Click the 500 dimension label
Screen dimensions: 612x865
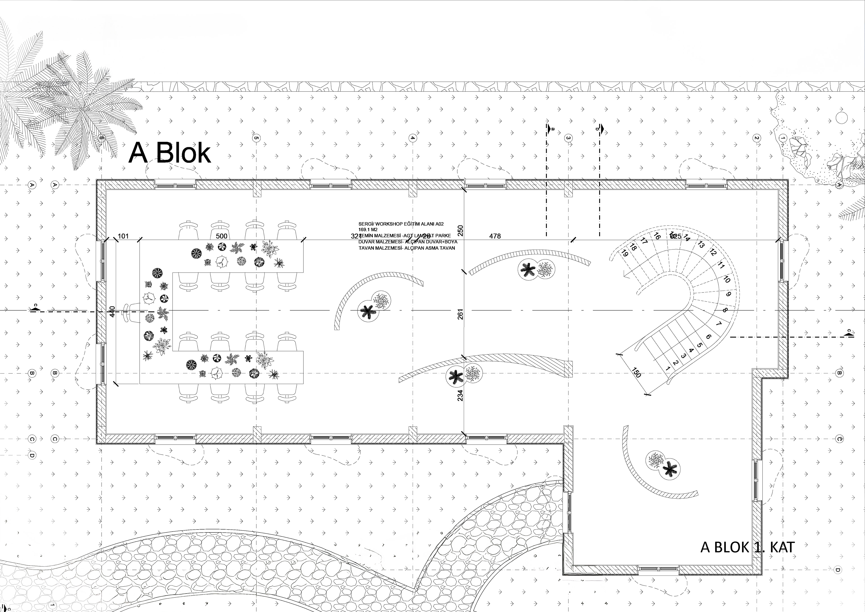(x=221, y=236)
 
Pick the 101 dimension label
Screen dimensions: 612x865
(x=123, y=236)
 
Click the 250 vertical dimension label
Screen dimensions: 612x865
(x=460, y=230)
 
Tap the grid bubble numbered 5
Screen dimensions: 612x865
(x=256, y=138)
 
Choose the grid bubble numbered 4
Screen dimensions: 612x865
(x=412, y=138)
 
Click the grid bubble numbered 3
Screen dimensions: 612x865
(x=568, y=138)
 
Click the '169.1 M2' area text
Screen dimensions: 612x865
(x=368, y=229)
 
